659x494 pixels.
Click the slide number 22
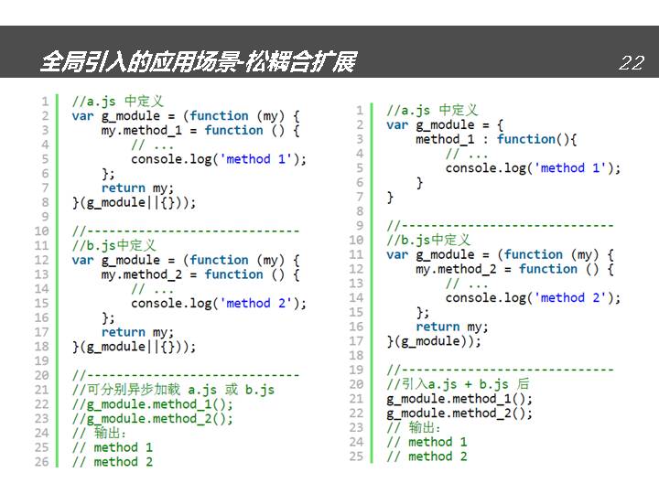[632, 62]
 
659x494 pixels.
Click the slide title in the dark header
[198, 62]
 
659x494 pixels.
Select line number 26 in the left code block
[42, 462]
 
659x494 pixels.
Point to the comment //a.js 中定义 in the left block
[118, 102]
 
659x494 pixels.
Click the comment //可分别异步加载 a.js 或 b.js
[173, 390]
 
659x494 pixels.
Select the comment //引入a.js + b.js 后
[458, 384]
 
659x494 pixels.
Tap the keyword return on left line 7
[124, 188]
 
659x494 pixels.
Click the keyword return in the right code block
[438, 327]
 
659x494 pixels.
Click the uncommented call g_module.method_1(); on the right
[459, 399]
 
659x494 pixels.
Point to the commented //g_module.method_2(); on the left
[152, 419]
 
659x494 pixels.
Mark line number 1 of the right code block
[360, 111]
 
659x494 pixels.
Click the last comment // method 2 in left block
[113, 462]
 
